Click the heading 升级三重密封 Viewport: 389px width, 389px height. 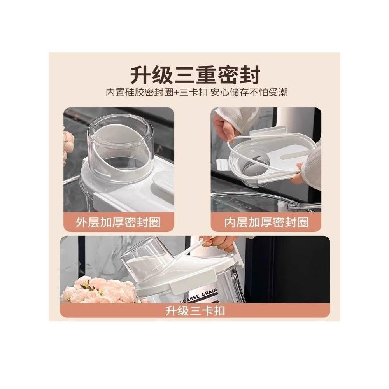(x=196, y=75)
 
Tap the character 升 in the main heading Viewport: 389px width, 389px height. (x=141, y=75)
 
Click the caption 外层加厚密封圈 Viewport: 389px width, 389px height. (x=118, y=222)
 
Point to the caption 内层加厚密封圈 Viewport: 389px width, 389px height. (x=266, y=222)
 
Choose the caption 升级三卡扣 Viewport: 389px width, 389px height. (x=195, y=311)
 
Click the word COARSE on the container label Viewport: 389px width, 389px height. (x=189, y=298)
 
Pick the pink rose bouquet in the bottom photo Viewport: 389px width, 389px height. (x=99, y=290)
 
